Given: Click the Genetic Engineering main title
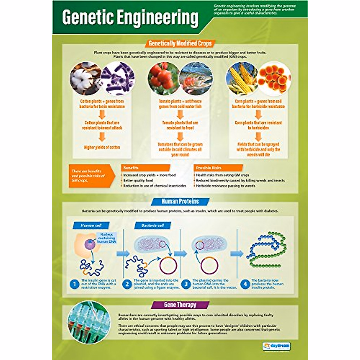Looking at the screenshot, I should [x=130, y=18].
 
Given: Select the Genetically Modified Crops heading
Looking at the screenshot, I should [x=180, y=43].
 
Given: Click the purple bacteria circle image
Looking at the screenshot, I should [x=118, y=79].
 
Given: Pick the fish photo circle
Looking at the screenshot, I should [x=196, y=79].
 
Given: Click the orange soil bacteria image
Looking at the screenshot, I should [x=274, y=79].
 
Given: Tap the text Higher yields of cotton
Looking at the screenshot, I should [x=102, y=147].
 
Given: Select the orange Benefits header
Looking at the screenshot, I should [x=145, y=168].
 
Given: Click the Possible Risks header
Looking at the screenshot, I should [x=218, y=168].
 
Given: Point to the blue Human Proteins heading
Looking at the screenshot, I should [x=180, y=202].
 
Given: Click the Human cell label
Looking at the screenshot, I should [x=91, y=226].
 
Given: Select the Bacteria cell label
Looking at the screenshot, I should [x=153, y=226].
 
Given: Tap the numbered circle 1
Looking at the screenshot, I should [x=74, y=284].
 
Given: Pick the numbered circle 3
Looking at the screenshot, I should [x=186, y=284].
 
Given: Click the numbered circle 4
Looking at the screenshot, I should [x=245, y=284].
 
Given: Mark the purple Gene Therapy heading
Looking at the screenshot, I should [x=180, y=305].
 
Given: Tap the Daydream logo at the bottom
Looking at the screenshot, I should [x=277, y=346].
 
